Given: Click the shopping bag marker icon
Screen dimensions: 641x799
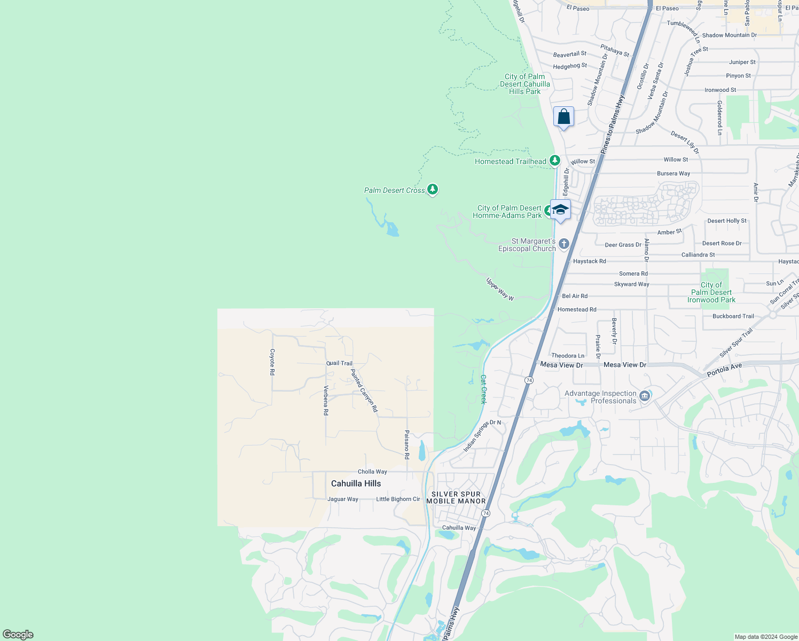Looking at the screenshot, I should pos(564,116).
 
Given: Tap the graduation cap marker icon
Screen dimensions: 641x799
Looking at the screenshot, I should pos(560,209).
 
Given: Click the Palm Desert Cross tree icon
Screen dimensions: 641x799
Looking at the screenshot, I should pos(433,190).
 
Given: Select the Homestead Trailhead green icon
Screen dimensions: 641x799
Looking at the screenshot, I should pos(555,160).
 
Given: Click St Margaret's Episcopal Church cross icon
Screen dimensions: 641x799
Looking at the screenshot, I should pos(563,244).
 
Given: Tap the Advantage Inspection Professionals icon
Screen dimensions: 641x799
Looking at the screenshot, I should pos(645,396).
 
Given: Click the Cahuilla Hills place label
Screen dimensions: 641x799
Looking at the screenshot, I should pos(356,483).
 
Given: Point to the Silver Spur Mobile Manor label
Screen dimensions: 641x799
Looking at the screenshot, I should pos(456,497).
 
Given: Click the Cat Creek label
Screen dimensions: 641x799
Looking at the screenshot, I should pos(483,389).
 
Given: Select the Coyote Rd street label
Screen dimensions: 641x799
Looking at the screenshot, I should pos(272,362).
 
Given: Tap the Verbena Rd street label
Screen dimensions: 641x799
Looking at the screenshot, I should pos(326,400).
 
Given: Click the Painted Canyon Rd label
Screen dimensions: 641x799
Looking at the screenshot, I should pos(364,390).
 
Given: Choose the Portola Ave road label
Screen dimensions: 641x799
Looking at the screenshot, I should pos(724,370).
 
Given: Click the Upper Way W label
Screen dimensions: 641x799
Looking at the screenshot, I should pos(500,289).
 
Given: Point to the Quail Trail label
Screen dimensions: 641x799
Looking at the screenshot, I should pos(340,363).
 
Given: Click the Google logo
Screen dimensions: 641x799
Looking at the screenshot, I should pos(18,635).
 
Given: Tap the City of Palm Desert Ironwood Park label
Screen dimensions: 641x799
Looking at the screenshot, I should pos(711,292).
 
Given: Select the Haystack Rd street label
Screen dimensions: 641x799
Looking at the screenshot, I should pos(589,261).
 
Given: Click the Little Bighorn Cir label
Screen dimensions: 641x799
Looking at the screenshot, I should pos(398,499).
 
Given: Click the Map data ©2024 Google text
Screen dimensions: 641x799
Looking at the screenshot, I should pos(766,637).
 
